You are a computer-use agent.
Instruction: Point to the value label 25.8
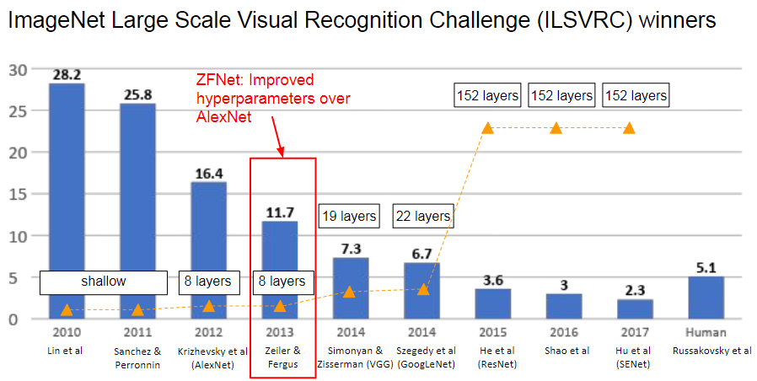tap(137, 94)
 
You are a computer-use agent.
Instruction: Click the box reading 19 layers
tap(349, 217)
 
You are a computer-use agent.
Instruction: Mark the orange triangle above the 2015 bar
tap(486, 128)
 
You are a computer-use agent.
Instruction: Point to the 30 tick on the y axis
tap(17, 70)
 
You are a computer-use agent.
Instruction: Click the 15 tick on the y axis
tap(17, 195)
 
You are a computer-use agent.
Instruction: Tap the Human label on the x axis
tap(706, 333)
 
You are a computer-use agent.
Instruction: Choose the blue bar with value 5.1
tap(706, 298)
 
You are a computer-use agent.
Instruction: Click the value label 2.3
tap(635, 290)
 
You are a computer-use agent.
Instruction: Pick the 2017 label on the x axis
tap(635, 333)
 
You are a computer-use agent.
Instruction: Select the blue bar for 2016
tap(563, 306)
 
